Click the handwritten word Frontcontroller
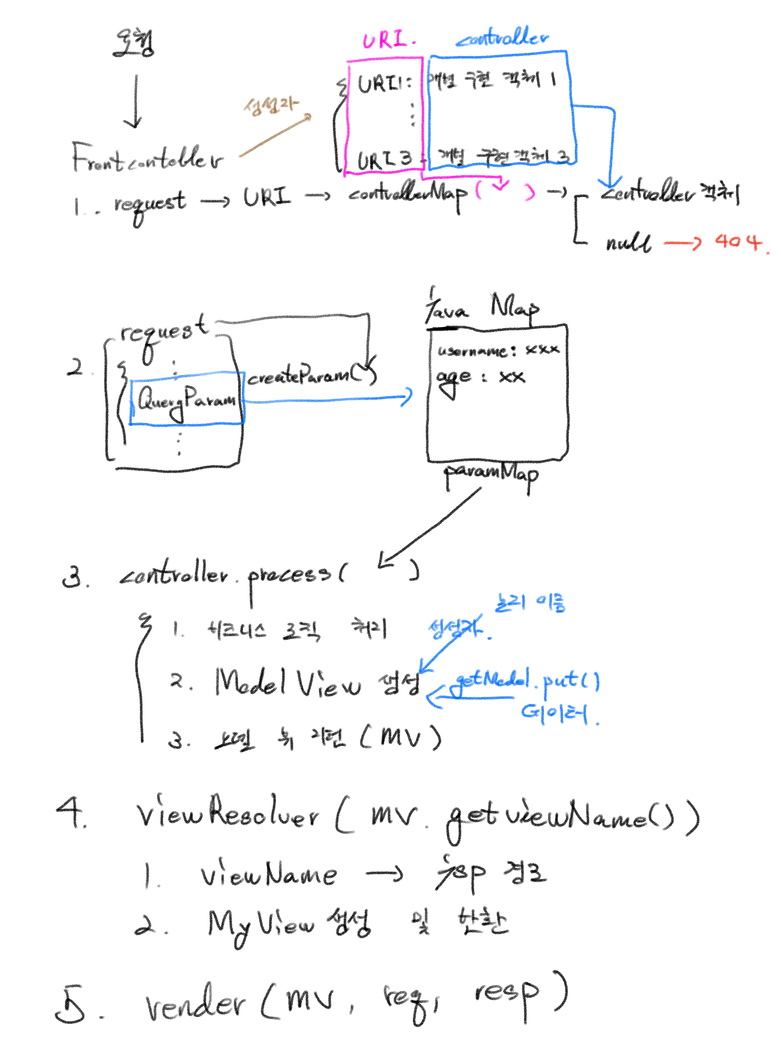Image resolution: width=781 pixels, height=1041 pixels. point(147,158)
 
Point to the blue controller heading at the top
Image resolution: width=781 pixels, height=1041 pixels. point(503,38)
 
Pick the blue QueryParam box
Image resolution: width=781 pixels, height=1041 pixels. point(186,398)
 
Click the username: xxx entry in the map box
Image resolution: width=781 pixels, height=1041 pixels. point(498,350)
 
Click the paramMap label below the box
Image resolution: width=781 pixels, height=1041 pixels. point(491,474)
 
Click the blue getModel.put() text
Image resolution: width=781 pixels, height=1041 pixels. point(527,680)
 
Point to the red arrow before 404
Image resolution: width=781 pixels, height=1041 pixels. point(683,243)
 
